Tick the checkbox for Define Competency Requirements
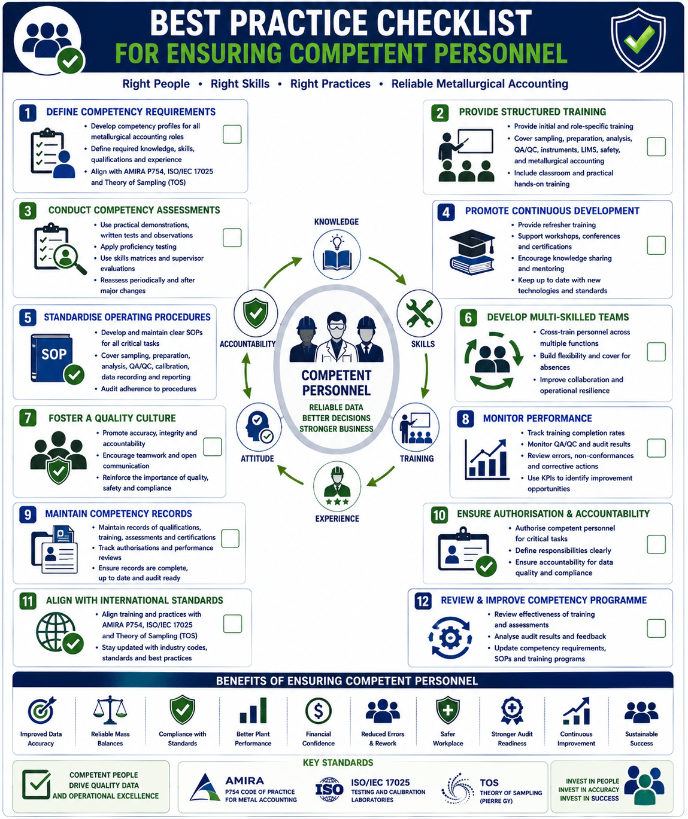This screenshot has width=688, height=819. [x=232, y=135]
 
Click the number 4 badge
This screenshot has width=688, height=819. [x=445, y=212]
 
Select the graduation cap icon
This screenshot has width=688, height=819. [x=472, y=252]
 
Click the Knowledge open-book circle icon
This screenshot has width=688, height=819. [x=337, y=254]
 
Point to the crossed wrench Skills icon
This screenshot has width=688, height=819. [x=419, y=313]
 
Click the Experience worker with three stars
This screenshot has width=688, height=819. [x=337, y=486]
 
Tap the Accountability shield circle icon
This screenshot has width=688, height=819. [x=256, y=313]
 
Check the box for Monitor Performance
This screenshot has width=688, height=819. [x=656, y=447]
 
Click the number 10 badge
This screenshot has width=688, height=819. [x=440, y=515]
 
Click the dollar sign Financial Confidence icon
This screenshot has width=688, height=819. [x=318, y=710]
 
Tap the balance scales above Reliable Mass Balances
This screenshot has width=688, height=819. [x=110, y=710]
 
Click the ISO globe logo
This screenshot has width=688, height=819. [x=329, y=788]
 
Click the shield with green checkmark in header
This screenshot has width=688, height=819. [x=638, y=39]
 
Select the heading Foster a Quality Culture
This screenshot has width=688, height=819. [x=112, y=418]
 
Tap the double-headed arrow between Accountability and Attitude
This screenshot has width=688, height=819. [x=247, y=375]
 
